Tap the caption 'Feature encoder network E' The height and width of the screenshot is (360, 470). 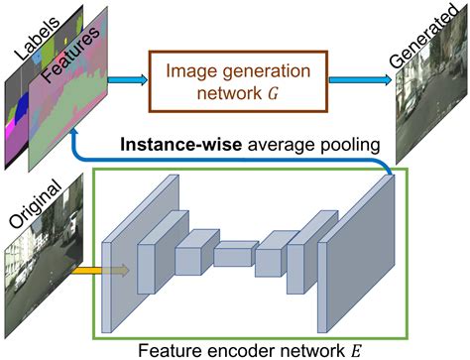tap(249, 347)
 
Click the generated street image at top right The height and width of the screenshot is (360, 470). tap(426, 109)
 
